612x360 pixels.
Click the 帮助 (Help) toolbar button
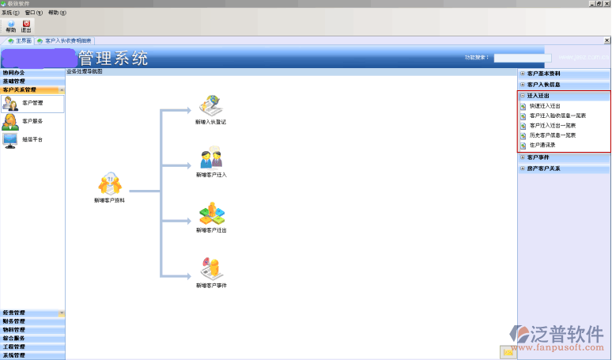tap(10, 26)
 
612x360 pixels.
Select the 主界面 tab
tap(20, 40)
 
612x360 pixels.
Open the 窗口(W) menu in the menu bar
tap(33, 13)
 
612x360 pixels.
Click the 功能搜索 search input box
tap(522, 58)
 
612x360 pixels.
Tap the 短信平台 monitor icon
tap(10, 140)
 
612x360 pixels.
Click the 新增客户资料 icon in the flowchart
tap(110, 184)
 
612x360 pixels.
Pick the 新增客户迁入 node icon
tap(210, 158)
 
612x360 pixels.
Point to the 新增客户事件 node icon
tap(210, 268)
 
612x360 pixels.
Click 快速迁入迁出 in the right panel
tap(545, 105)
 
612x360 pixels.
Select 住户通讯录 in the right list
tap(543, 145)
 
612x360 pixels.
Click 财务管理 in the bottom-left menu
tap(14, 321)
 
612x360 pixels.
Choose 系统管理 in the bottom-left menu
tap(14, 355)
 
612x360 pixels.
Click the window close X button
tap(606, 4)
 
